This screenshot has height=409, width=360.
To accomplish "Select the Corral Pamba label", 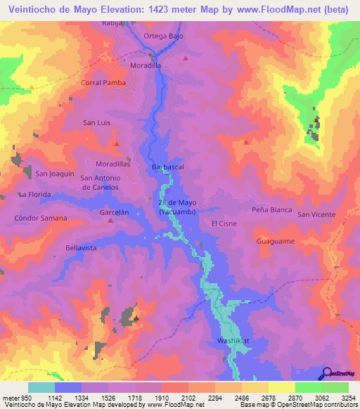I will coord(103,82).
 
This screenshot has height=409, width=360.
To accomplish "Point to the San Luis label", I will coord(97,122).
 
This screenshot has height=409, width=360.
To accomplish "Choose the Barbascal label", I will coord(168,167).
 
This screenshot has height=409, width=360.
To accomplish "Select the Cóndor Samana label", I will coord(41,218).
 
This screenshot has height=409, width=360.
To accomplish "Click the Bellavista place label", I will coord(80,248).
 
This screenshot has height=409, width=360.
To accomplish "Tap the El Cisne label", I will coord(224,223).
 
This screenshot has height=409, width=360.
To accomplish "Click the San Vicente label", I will coord(316,214).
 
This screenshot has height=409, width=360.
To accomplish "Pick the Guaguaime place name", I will coord(275,240).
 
